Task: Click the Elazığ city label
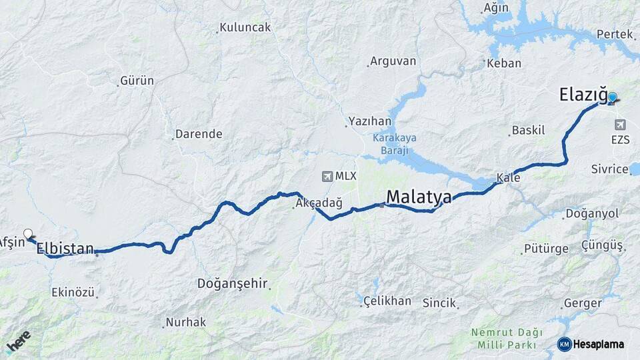coord(583,97)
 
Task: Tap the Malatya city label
coord(419,197)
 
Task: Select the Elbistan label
coord(65,249)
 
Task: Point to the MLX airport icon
coord(327,176)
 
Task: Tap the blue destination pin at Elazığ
coord(612,97)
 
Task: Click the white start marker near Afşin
coord(28,234)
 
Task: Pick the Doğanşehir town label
coord(232,283)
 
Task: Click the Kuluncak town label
coord(245,27)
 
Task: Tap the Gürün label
coord(137,81)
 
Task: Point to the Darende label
coord(199,134)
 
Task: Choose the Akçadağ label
coord(319,204)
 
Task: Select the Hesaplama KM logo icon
coord(565,344)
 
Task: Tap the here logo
coord(19,341)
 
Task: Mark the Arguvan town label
coord(393,61)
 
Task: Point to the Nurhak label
coord(186,322)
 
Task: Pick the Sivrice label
coord(610,169)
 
